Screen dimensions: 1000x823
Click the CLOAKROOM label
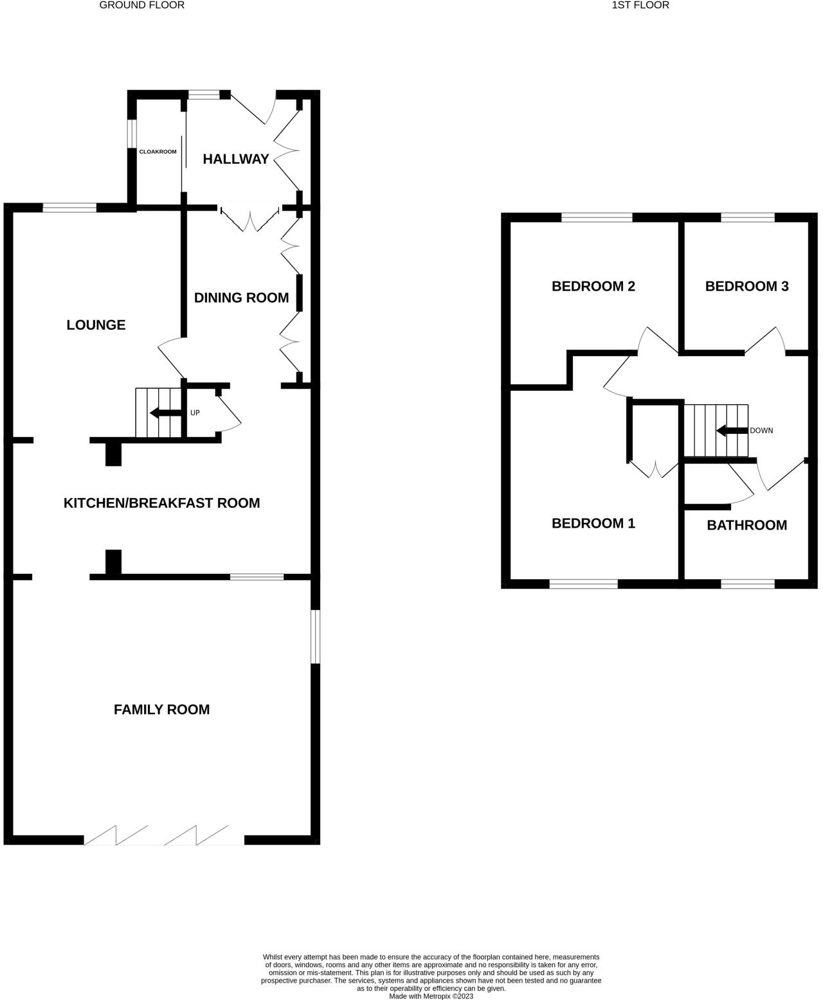tap(158, 152)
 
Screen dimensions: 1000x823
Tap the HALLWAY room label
tap(236, 159)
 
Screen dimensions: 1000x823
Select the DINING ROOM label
tap(241, 298)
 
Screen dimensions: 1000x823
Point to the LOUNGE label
tap(96, 325)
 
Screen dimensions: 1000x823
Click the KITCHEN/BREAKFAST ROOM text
tap(161, 503)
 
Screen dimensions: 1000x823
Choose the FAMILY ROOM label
tap(161, 710)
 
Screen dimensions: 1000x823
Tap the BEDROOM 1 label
tap(593, 523)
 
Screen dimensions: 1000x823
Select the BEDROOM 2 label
tap(593, 286)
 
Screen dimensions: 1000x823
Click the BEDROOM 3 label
tap(746, 286)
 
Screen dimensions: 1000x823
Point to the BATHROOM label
tap(746, 525)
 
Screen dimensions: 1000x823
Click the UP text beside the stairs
tap(195, 413)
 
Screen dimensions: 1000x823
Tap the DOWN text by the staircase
tap(761, 431)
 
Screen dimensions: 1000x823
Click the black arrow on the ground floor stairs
tap(165, 413)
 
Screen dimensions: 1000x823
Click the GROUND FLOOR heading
tap(141, 5)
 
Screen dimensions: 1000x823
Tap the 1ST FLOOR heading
tap(640, 5)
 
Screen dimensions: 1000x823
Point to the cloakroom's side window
tap(131, 134)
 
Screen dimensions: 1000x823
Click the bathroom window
tap(747, 584)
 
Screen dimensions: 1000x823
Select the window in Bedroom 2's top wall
tap(597, 217)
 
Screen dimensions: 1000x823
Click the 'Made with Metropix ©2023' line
tap(431, 996)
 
